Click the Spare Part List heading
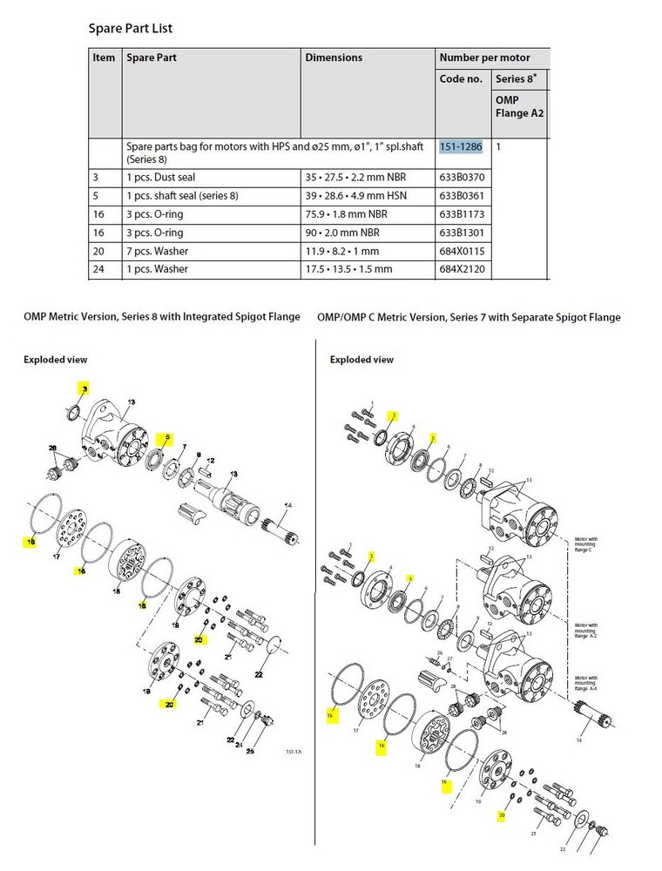(131, 28)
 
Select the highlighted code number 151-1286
(461, 147)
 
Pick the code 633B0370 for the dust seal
(461, 177)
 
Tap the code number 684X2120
(461, 269)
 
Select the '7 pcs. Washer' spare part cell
(157, 251)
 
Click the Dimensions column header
(334, 57)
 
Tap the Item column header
(104, 57)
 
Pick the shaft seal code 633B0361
(461, 195)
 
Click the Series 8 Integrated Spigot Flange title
(162, 317)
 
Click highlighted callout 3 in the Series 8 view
(84, 388)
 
